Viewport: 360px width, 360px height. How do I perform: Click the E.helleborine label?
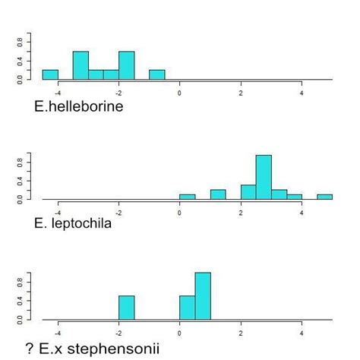tap(78, 106)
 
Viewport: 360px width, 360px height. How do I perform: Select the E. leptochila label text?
tap(73, 223)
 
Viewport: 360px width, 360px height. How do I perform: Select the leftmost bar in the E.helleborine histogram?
tap(50, 74)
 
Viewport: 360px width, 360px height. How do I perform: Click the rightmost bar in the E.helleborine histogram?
tap(156, 74)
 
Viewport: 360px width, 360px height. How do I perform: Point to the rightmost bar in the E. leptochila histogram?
tap(324, 197)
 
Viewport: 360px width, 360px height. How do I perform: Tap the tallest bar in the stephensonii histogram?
tap(203, 296)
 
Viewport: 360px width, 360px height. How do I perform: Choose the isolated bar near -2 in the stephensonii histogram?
tap(126, 308)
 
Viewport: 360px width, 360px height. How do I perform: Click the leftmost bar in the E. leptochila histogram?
tap(187, 197)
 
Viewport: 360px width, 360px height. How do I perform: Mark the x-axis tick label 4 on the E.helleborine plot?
tap(302, 93)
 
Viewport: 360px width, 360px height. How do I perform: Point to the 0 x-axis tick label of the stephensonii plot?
tap(179, 333)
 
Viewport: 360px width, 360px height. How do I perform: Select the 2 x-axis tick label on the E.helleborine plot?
tap(241, 93)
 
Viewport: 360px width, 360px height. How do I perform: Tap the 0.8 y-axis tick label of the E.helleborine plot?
tap(22, 43)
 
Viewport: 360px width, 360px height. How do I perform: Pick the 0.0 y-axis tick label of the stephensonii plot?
tap(22, 319)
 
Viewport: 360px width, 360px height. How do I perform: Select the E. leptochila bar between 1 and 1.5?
tap(218, 194)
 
